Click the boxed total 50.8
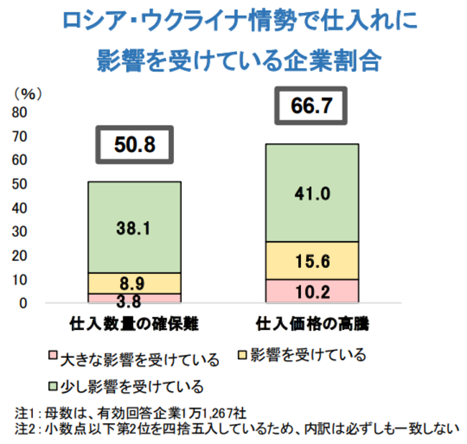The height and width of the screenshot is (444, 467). pyautogui.click(x=135, y=146)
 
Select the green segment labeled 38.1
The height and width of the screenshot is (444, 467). pyautogui.click(x=134, y=227)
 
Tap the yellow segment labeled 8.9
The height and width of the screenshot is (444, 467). pyautogui.click(x=134, y=283)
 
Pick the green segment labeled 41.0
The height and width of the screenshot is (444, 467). pyautogui.click(x=311, y=193)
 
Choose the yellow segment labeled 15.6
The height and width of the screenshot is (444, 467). pyautogui.click(x=311, y=260)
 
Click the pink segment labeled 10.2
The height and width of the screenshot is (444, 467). pyautogui.click(x=311, y=291)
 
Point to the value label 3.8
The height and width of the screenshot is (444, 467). pyautogui.click(x=134, y=301)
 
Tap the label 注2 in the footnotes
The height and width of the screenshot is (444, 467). pyautogui.click(x=24, y=429)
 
